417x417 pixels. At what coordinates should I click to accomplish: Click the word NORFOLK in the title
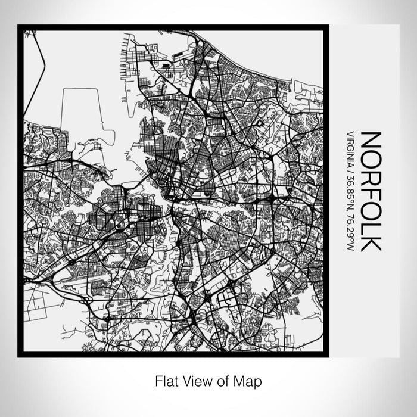pyautogui.click(x=371, y=190)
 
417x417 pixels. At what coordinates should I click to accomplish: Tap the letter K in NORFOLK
pyautogui.click(x=371, y=241)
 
